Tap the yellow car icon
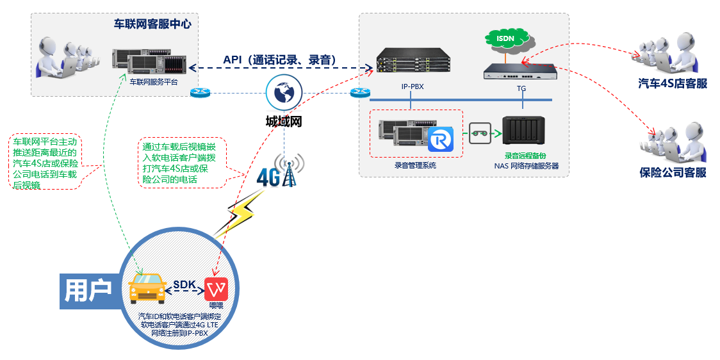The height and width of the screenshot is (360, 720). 148,288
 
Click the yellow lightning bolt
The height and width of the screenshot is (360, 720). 238,215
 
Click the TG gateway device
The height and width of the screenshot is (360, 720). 520,71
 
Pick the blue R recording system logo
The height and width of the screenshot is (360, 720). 440,139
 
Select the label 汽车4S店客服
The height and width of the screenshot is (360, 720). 673,83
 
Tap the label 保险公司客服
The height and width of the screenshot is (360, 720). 673,172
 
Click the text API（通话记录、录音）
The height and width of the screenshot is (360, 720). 280,60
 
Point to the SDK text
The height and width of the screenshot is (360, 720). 184,283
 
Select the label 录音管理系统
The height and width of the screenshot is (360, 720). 415,165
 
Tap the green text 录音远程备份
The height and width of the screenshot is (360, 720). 525,156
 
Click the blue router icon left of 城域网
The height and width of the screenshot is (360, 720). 200,93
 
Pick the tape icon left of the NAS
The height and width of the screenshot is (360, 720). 480,133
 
